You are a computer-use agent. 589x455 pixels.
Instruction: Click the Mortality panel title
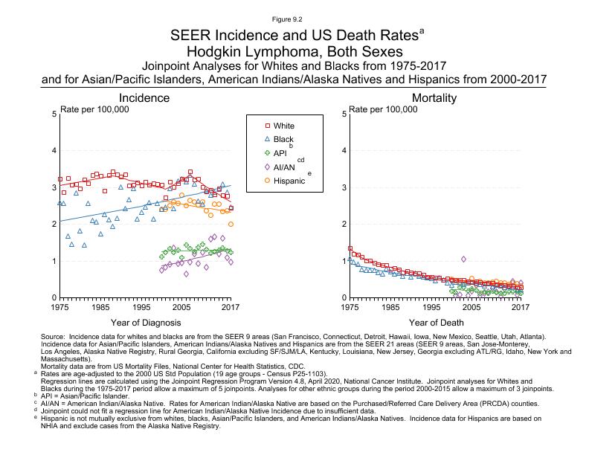coord(434,98)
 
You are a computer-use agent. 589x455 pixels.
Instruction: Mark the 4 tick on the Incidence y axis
coord(54,151)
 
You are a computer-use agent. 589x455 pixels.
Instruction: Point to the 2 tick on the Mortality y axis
coord(343,224)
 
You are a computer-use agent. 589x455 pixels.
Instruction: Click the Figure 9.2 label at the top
coord(294,16)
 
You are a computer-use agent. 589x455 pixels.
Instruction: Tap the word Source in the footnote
coord(56,338)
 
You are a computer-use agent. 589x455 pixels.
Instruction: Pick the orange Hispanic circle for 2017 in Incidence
coord(231,224)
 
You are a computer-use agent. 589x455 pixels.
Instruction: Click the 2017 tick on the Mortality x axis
coord(521,307)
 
